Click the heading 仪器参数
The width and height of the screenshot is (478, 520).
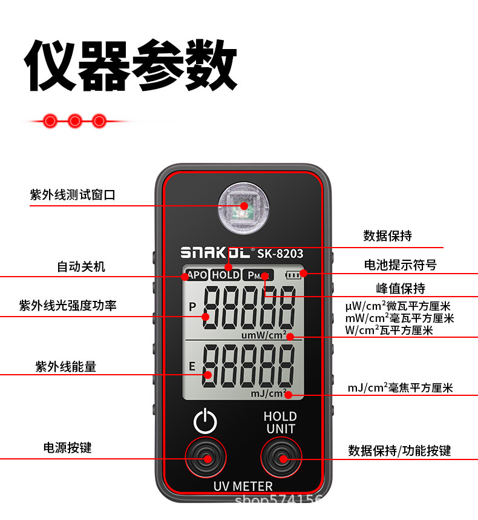[x=131, y=65]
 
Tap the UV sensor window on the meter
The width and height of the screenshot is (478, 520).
[x=244, y=206]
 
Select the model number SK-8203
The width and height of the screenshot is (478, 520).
[x=280, y=254]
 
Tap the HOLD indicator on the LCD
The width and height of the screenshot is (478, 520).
[x=226, y=275]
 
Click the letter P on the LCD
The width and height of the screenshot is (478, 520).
[x=193, y=306]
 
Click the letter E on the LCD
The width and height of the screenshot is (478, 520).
[x=192, y=366]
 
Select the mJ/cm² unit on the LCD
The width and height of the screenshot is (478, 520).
[x=268, y=393]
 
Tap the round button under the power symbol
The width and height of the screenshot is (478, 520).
[x=206, y=458]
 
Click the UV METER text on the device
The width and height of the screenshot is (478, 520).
[x=243, y=486]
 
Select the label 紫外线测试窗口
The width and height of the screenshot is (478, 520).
[x=73, y=195]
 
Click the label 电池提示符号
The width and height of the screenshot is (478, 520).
[x=400, y=265]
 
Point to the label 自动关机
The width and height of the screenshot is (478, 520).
[x=81, y=266]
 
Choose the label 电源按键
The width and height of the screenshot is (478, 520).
[x=68, y=448]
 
